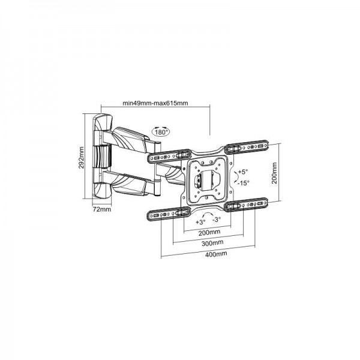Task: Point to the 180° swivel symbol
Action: click(x=160, y=132)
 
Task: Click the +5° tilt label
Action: click(x=242, y=172)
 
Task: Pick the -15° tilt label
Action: click(x=242, y=183)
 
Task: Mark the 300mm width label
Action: click(x=211, y=244)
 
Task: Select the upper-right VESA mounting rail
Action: click(x=250, y=146)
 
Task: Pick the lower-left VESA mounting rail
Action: click(x=166, y=214)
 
